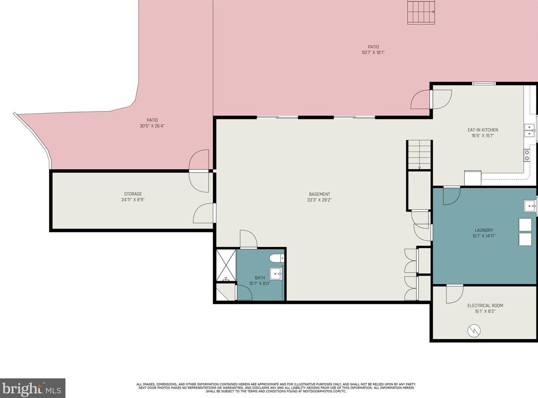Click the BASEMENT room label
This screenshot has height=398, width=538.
tap(319, 194)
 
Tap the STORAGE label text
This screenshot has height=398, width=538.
tap(133, 194)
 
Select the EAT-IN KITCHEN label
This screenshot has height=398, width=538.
tap(483, 130)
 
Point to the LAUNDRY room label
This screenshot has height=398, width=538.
tap(484, 230)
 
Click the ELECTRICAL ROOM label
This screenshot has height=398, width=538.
tap(485, 306)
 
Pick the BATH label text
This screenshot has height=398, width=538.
tap(260, 278)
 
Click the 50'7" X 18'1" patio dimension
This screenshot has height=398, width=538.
tap(373, 52)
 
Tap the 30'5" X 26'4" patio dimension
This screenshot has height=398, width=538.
tap(152, 126)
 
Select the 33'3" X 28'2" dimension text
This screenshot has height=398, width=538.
tap(319, 200)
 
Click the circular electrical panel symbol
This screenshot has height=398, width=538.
tap(474, 330)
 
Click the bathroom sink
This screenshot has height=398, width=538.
tap(276, 274)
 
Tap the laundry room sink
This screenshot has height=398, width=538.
tap(530, 206)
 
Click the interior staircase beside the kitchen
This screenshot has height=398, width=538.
tap(419, 155)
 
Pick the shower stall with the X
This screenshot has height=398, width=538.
tap(226, 265)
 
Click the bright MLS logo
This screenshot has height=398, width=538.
tap(33, 388)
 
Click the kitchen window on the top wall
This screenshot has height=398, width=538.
tap(484, 84)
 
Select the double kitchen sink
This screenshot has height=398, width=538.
tap(530, 131)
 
